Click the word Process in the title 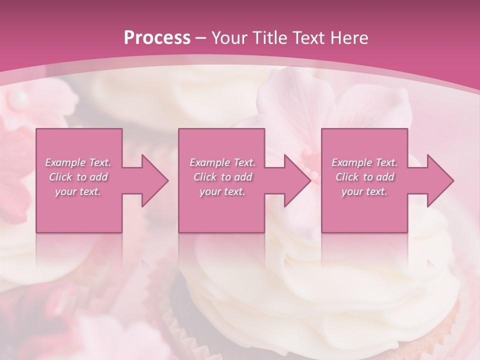pyautogui.click(x=157, y=38)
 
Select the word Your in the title pyautogui.click(x=228, y=38)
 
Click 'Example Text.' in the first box pyautogui.click(x=78, y=162)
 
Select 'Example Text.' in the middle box pyautogui.click(x=222, y=162)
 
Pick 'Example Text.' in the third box pyautogui.click(x=364, y=162)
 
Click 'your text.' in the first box pyautogui.click(x=78, y=191)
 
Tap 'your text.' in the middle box pyautogui.click(x=222, y=191)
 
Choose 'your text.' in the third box pyautogui.click(x=364, y=191)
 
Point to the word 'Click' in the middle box pyautogui.click(x=205, y=177)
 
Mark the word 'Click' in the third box pyautogui.click(x=347, y=177)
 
